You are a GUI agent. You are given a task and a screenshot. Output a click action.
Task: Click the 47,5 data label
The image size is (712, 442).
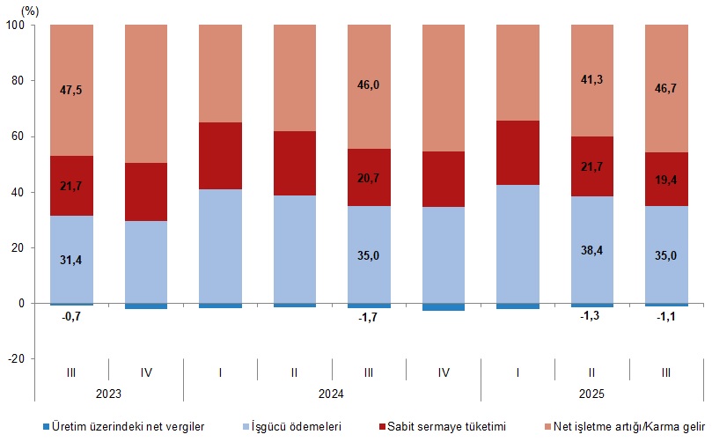pyautogui.click(x=71, y=90)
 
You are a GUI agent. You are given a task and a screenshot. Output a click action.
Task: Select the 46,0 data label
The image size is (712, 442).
pyautogui.click(x=369, y=85)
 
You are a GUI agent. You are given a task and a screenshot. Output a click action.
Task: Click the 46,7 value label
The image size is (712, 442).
pyautogui.click(x=666, y=90)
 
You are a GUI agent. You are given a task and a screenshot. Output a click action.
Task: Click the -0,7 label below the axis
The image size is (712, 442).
pyautogui.click(x=71, y=316)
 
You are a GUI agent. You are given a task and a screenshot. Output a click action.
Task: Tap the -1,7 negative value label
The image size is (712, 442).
pyautogui.click(x=369, y=318)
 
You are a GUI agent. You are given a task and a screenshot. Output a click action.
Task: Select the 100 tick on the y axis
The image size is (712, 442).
pyautogui.click(x=16, y=25)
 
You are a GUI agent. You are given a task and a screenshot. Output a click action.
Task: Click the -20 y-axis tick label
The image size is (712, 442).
pyautogui.click(x=18, y=359)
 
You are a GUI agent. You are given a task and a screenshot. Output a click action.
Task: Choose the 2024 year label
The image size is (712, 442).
pyautogui.click(x=332, y=394)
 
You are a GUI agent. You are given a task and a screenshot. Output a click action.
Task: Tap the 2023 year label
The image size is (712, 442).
pyautogui.click(x=109, y=394)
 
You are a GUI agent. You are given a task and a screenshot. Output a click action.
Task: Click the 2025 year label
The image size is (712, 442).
pyautogui.click(x=592, y=394)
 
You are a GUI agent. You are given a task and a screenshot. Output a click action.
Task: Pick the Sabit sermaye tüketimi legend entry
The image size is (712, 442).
pyautogui.click(x=449, y=427)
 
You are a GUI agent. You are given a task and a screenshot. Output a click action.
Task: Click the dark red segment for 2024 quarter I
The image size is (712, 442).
pyautogui.click(x=220, y=156)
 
